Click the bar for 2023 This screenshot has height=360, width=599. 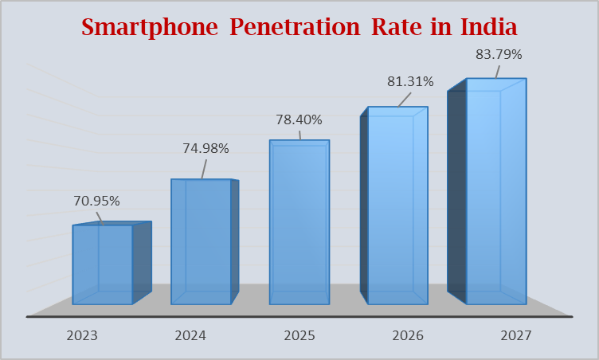coord(102,264)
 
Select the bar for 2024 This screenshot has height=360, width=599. coord(201,241)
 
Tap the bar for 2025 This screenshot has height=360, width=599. coord(299,222)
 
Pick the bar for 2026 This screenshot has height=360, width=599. coord(397,205)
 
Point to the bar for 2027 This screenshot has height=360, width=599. coord(495,191)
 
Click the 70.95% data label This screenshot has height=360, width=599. coord(97,202)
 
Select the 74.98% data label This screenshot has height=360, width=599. coord(206,148)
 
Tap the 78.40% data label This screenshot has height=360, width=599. coord(299,120)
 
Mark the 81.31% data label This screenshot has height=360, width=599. coord(410,81)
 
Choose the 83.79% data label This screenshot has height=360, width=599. coord(498,55)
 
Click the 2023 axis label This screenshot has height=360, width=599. coord(82,335)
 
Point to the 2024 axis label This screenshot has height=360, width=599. coord(190,335)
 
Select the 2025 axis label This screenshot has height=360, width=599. coord(299,335)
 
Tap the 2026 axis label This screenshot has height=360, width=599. coord(408,335)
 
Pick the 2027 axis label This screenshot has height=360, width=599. coord(516,335)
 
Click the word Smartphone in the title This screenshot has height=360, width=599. coord(150,27)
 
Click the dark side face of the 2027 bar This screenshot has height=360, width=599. coord(456,191)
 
